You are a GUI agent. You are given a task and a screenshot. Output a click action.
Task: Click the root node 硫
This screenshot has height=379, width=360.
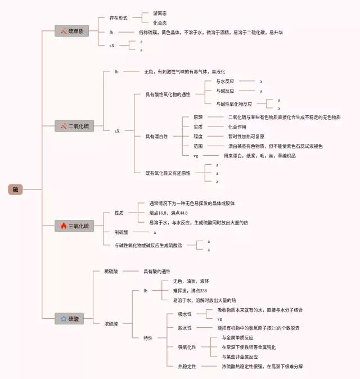15,189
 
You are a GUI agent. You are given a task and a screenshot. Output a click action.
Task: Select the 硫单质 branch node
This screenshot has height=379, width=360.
71,31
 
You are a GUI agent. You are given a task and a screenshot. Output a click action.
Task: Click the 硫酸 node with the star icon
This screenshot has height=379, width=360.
70,319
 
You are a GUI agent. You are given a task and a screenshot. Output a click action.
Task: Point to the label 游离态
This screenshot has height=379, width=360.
160,13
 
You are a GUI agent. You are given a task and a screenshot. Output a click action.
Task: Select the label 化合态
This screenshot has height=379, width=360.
160,22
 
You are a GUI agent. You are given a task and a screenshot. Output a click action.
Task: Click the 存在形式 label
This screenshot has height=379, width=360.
119,18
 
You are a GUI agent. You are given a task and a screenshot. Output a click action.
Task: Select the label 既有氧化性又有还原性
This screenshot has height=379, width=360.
168,173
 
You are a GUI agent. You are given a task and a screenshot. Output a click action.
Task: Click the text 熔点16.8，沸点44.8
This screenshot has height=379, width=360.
168,213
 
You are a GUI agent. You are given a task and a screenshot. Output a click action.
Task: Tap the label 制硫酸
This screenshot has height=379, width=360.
123,232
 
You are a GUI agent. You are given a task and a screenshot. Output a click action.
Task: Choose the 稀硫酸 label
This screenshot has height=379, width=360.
111,272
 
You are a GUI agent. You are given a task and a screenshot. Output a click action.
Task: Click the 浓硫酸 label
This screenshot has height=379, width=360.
111,323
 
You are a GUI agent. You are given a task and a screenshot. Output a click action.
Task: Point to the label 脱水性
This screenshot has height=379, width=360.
185,328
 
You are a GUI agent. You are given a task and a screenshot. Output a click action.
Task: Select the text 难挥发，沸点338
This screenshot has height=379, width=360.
190,291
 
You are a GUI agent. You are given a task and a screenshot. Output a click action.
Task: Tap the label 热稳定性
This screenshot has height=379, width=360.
187,366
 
